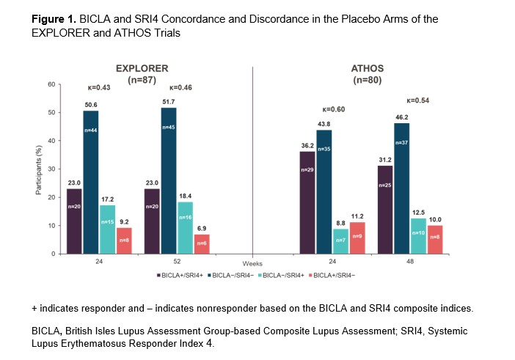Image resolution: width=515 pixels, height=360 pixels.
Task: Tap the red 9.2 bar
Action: coord(125,240)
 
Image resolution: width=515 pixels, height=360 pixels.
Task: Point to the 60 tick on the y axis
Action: coord(51,84)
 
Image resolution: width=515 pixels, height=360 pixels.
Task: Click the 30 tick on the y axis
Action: coord(51,169)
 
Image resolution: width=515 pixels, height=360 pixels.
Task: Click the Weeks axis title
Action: coord(252,262)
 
